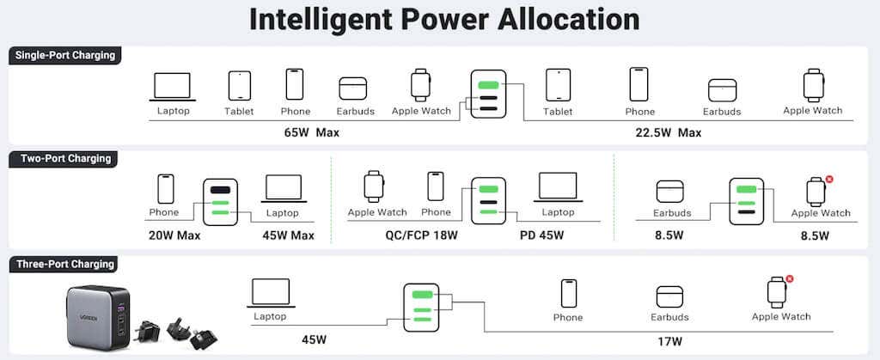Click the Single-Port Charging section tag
pyautogui.click(x=64, y=56)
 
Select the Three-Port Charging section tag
pyautogui.click(x=64, y=264)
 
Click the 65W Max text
pyautogui.click(x=311, y=133)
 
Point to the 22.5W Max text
pyautogui.click(x=669, y=133)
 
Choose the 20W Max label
pyautogui.click(x=174, y=235)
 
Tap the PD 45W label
pyautogui.click(x=541, y=235)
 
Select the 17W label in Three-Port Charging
pyautogui.click(x=670, y=340)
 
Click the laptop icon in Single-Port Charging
pyautogui.click(x=173, y=87)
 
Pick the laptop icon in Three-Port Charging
pyautogui.click(x=271, y=293)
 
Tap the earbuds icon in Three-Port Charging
pyautogui.click(x=669, y=296)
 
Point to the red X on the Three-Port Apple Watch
pyautogui.click(x=790, y=278)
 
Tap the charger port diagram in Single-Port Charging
pyautogui.click(x=488, y=94)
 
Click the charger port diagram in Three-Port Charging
pyautogui.click(x=421, y=308)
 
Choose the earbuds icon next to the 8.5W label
pyautogui.click(x=670, y=192)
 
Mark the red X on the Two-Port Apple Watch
pyautogui.click(x=829, y=179)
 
